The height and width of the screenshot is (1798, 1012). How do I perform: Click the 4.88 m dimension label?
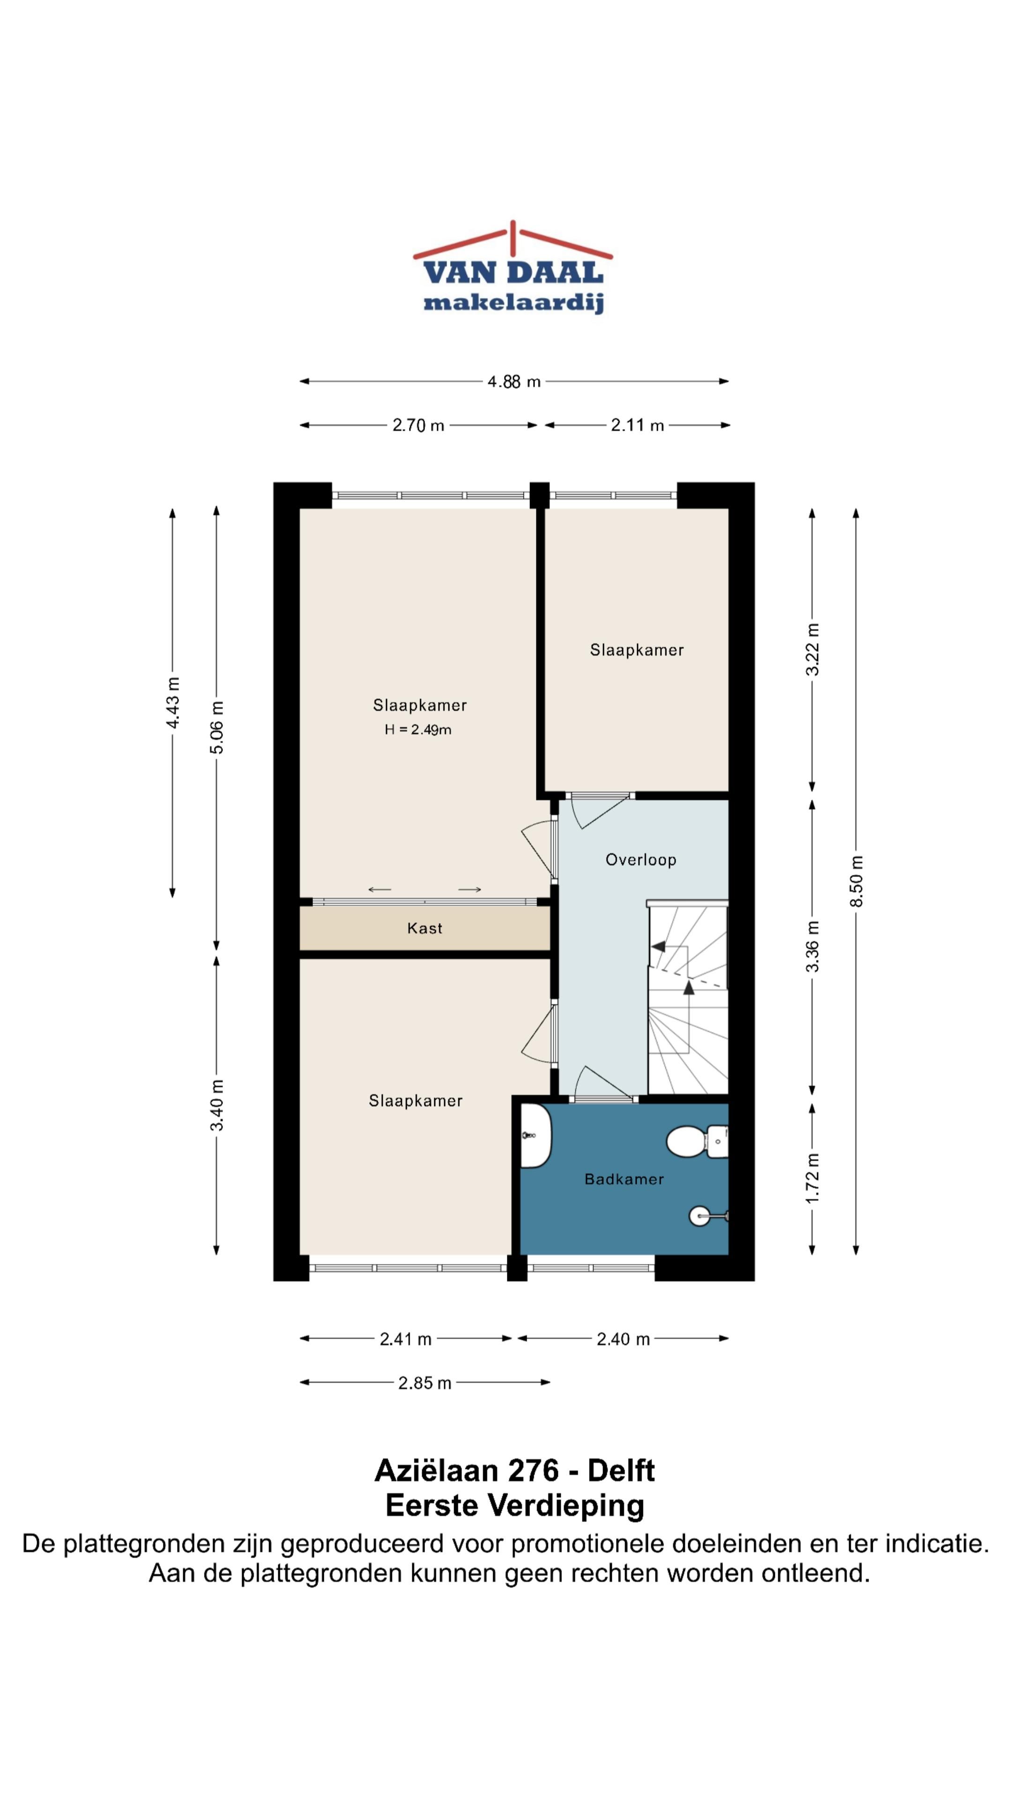coord(514,382)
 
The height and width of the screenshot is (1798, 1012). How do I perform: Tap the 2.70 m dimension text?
coord(418,425)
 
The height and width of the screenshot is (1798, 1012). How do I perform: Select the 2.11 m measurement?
coord(637,425)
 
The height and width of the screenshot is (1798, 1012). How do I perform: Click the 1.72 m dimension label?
coord(812,1178)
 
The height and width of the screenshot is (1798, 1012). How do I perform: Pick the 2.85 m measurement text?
coord(424,1383)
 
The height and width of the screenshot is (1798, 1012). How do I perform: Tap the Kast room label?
coord(424,928)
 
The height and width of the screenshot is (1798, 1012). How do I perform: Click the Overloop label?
coord(640,860)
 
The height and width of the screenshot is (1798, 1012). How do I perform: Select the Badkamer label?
coord(624,1179)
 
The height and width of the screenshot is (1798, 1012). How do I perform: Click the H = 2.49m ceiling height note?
coord(417,730)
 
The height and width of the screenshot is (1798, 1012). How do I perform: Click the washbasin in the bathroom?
coord(536,1135)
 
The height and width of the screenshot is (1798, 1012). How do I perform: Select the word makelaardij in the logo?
coord(513,303)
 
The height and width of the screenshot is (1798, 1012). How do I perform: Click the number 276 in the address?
coord(534,1471)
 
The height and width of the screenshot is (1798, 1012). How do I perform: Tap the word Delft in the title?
coord(621,1471)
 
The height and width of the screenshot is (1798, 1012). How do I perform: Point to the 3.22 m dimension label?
coord(812,650)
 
